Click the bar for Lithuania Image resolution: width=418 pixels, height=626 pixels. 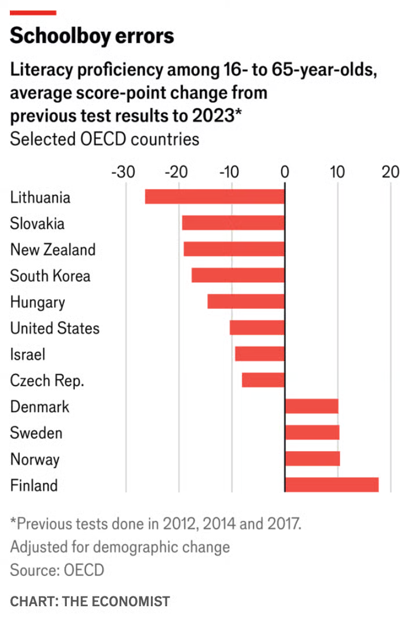coord(215,197)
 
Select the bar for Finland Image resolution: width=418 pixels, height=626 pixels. coord(331,485)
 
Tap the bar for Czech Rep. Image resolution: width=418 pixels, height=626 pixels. coord(263,380)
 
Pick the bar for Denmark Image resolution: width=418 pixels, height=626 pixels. coord(311,406)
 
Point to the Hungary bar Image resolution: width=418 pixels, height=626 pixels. coord(246,301)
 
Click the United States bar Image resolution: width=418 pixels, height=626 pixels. coord(257,328)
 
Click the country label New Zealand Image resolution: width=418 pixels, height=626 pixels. coord(53,250)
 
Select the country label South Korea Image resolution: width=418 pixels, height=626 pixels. coord(51,276)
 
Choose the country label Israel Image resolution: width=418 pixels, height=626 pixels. coord(27,354)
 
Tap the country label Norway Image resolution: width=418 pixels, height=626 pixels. coord(35,459)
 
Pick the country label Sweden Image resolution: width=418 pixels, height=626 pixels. coord(36,433)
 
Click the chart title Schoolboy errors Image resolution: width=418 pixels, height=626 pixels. coord(92,36)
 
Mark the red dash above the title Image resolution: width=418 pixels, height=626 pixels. coord(33,12)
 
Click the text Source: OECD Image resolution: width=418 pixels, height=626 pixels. coord(57,570)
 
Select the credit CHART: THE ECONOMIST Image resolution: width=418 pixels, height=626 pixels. coord(90,601)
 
